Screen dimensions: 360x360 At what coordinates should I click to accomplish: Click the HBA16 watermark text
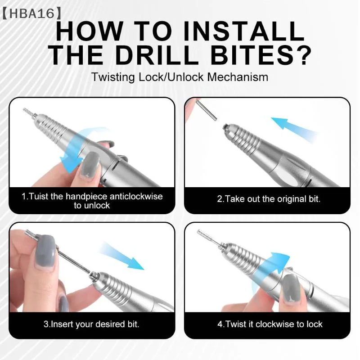tap(32, 13)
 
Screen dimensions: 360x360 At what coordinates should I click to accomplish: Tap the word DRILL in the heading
tap(157, 55)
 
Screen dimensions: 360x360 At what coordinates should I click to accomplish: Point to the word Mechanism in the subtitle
tap(238, 77)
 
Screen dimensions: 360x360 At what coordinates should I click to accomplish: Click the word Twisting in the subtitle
tap(113, 77)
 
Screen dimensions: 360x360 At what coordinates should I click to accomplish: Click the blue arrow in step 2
tap(294, 130)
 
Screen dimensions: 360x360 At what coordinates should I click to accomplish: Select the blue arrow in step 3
tap(121, 256)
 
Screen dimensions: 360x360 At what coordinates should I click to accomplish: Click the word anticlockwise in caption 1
tap(136, 197)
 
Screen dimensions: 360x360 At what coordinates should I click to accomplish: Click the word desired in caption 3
tap(110, 324)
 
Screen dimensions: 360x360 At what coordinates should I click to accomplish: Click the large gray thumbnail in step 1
tap(90, 164)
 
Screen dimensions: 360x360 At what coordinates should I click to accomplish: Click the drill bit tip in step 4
tap(199, 231)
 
